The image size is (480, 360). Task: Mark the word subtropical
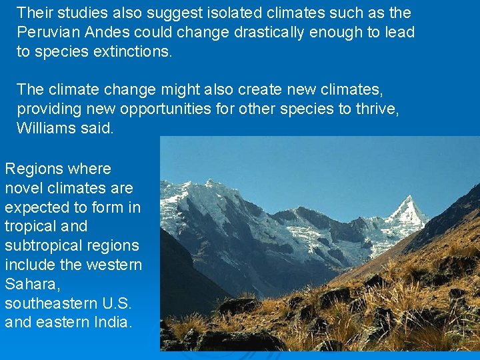point(39,245)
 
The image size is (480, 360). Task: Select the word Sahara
point(28,284)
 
